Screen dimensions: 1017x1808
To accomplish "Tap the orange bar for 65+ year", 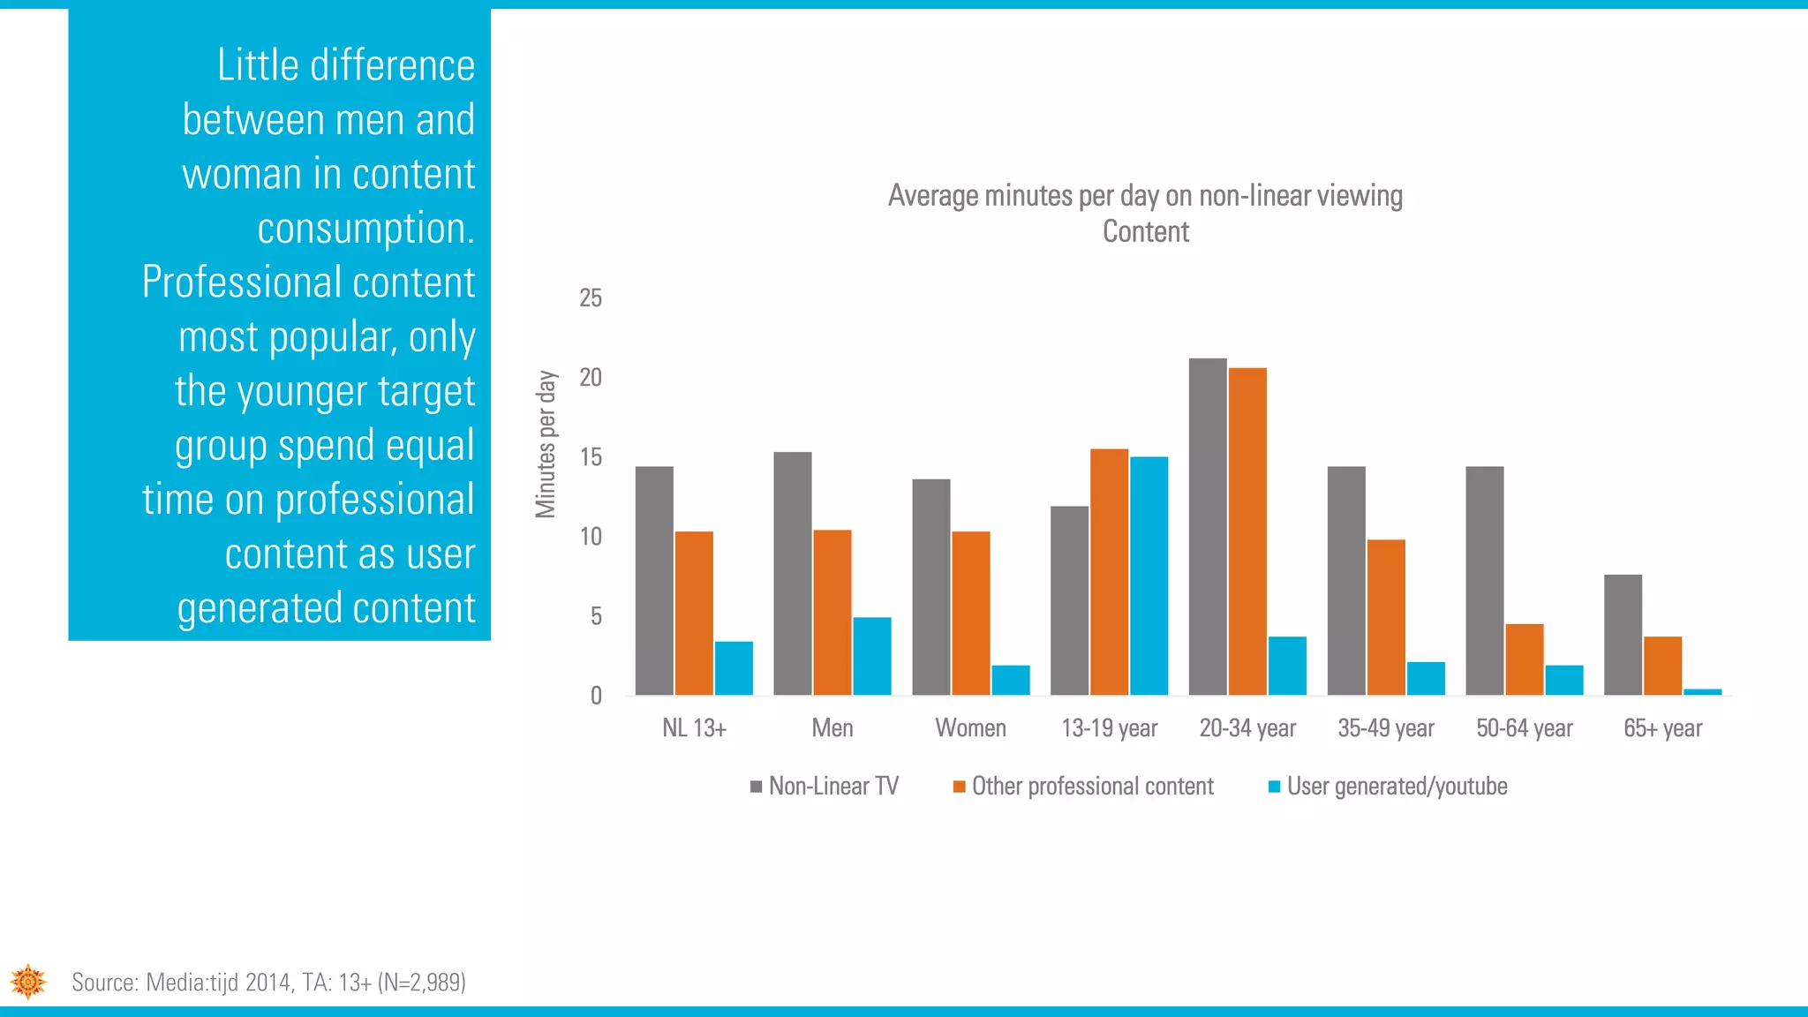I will pos(1662,666).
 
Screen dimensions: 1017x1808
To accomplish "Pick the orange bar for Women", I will pos(970,613).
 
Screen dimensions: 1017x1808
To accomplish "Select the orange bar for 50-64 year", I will pos(1524,659).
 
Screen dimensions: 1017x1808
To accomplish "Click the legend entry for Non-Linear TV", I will pos(825,787).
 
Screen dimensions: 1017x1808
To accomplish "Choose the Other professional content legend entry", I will pos(1084,787).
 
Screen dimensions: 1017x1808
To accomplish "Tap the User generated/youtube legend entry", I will pos(1388,787).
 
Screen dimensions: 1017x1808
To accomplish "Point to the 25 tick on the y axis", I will pos(591,298).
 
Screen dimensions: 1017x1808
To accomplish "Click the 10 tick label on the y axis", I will pos(591,537).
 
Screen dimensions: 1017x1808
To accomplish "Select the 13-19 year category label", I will pos(1109,728).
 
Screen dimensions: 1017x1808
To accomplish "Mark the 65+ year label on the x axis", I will pos(1662,728).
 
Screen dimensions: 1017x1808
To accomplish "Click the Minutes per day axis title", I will pos(546,444).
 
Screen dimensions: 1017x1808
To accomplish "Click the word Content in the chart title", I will pos(1145,232).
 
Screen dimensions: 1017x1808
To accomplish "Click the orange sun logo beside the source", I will pos(28,982).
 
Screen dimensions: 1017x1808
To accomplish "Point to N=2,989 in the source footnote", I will pos(421,983).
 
